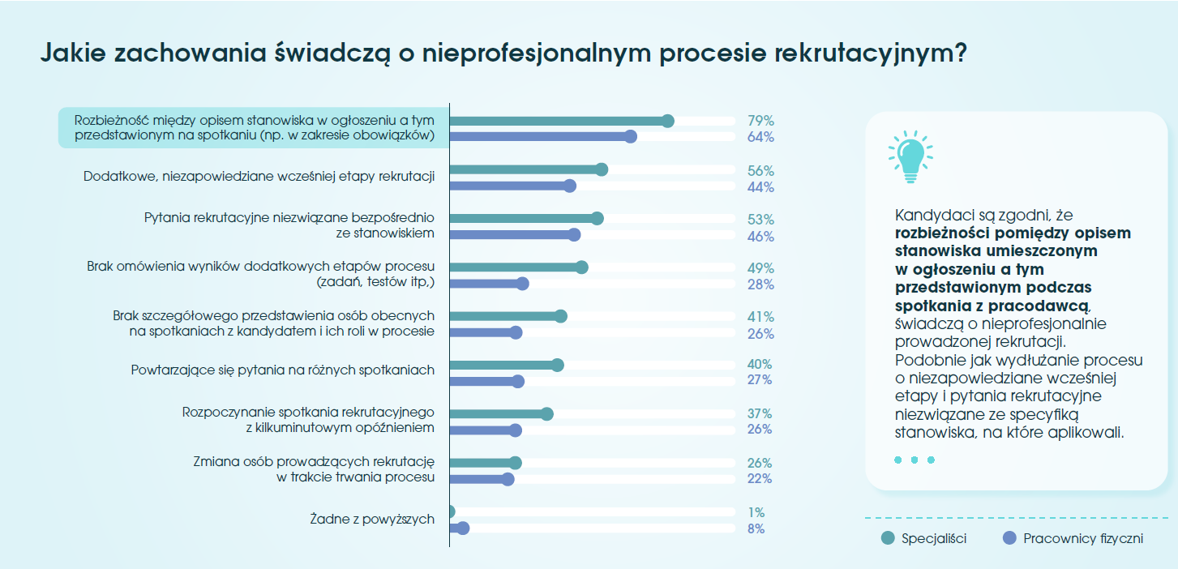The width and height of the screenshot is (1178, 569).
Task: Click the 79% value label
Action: (x=760, y=121)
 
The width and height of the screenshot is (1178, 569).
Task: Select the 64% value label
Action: (x=760, y=137)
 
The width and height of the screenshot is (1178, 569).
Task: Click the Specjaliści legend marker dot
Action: (x=888, y=538)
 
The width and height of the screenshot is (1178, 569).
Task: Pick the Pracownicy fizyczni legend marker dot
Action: (x=1009, y=538)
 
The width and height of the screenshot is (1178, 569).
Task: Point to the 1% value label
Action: (x=756, y=512)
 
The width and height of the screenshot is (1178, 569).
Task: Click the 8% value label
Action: (x=756, y=529)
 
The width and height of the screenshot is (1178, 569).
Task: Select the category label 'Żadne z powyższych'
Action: (x=372, y=519)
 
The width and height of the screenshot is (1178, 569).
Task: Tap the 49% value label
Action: (x=760, y=268)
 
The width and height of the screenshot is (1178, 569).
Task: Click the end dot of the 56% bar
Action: (x=601, y=169)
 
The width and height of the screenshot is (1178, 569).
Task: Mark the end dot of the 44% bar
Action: (x=569, y=186)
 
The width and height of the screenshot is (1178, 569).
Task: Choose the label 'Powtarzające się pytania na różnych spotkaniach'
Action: (x=283, y=370)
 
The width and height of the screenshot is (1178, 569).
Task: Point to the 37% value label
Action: (x=760, y=413)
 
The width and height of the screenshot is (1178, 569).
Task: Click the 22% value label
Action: (x=760, y=479)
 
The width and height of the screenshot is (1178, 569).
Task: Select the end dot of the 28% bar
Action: (x=522, y=284)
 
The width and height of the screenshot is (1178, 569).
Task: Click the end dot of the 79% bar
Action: (x=668, y=121)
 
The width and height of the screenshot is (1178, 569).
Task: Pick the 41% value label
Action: (x=760, y=317)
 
